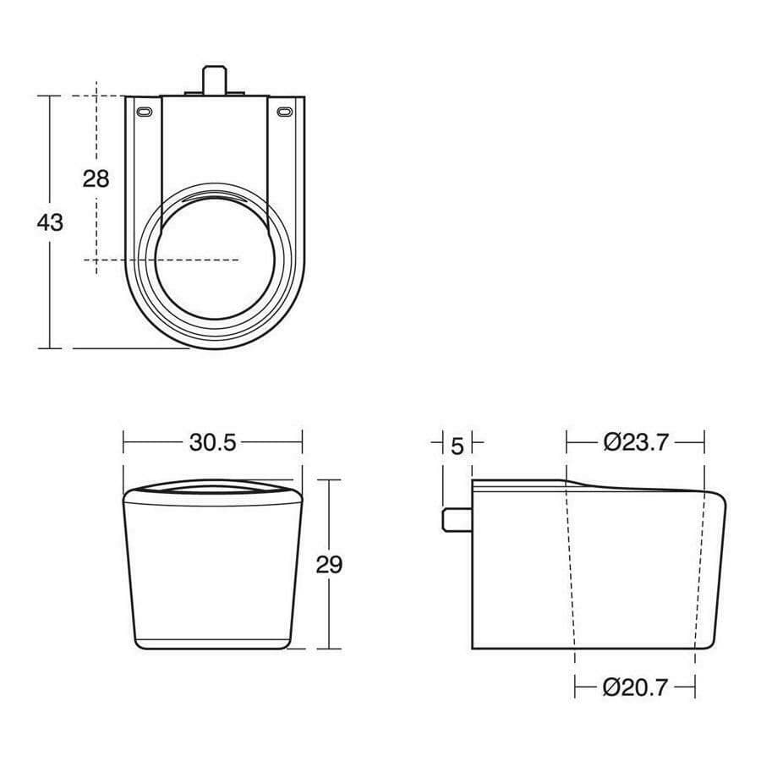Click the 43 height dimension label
click(50, 222)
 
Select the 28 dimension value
click(96, 178)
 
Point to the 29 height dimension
click(329, 565)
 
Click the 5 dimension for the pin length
click(457, 443)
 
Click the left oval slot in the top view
click(146, 111)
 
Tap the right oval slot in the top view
click(284, 111)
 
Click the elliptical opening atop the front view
click(214, 487)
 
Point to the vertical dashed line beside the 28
click(96, 228)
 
